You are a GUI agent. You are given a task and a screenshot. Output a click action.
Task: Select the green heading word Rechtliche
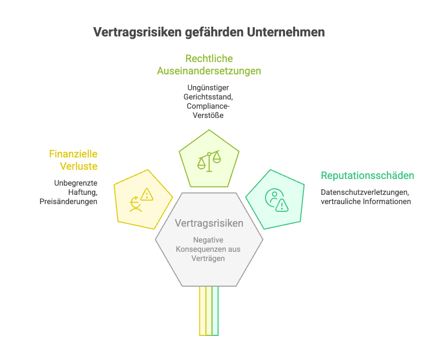pos(209,58)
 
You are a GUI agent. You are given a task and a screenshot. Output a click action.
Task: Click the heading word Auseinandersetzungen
pos(209,71)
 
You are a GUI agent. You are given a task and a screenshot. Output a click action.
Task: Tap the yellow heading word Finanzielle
pos(73,154)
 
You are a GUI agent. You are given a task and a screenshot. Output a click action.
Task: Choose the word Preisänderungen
pos(69,202)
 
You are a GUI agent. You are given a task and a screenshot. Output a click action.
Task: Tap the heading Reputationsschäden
pos(368,176)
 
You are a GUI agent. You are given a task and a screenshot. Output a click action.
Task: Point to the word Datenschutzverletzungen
pos(365,192)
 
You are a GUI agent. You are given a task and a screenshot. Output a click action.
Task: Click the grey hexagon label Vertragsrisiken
pos(209,224)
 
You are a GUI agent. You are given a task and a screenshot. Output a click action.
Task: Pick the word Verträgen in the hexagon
pos(209,258)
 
